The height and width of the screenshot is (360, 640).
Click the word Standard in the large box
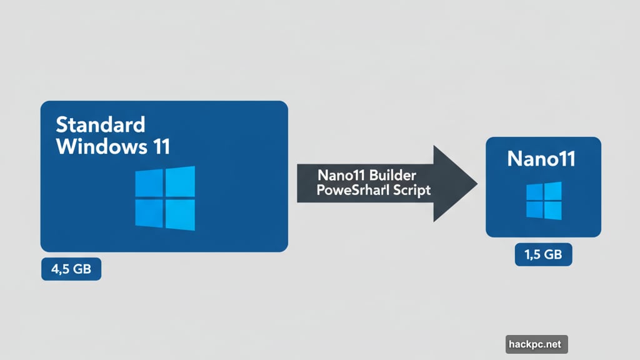(x=100, y=125)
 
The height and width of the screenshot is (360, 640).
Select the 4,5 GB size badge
(x=71, y=270)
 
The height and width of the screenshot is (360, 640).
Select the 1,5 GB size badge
(x=543, y=255)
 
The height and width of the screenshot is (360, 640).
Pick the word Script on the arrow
(x=410, y=190)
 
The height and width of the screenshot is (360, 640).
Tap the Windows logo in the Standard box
(x=165, y=198)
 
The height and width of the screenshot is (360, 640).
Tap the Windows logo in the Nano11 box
(x=543, y=201)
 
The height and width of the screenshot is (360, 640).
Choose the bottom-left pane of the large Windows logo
(x=149, y=212)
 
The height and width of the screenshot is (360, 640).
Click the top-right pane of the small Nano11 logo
(x=553, y=191)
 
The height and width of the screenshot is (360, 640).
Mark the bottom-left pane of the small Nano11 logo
(x=534, y=209)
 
